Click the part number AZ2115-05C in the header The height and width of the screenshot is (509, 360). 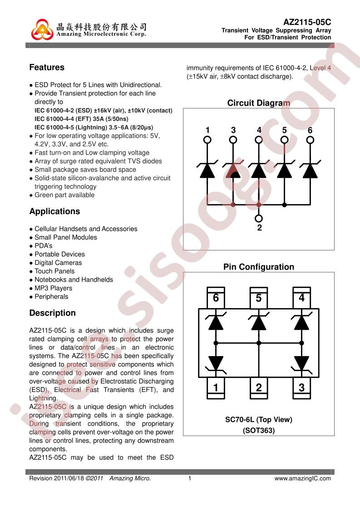pyautogui.click(x=307, y=22)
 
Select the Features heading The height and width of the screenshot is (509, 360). pyautogui.click(x=47, y=68)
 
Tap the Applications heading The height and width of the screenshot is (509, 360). pyautogui.click(x=54, y=211)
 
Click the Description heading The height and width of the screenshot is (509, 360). pyautogui.click(x=53, y=313)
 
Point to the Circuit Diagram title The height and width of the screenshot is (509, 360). pyautogui.click(x=258, y=103)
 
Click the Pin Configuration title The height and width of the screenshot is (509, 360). pyautogui.click(x=258, y=267)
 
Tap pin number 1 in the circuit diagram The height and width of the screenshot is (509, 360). pyautogui.click(x=207, y=131)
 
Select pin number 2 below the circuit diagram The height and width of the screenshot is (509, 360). pyautogui.click(x=259, y=228)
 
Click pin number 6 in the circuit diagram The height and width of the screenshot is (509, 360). pyautogui.click(x=310, y=131)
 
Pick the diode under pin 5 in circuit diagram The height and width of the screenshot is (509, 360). pyautogui.click(x=284, y=170)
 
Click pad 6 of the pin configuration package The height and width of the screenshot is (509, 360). pyautogui.click(x=216, y=298)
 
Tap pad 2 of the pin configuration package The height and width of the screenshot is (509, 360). pyautogui.click(x=259, y=387)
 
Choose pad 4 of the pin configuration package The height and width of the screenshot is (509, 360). pyautogui.click(x=301, y=298)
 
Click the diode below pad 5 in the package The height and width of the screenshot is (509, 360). pyautogui.click(x=259, y=323)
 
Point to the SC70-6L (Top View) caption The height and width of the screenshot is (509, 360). pyautogui.click(x=259, y=420)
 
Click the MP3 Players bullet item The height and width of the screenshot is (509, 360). pyautogui.click(x=53, y=288)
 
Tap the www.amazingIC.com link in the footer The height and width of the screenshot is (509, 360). pyautogui.click(x=303, y=478)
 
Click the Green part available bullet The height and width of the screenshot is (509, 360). pyautogui.click(x=64, y=195)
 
